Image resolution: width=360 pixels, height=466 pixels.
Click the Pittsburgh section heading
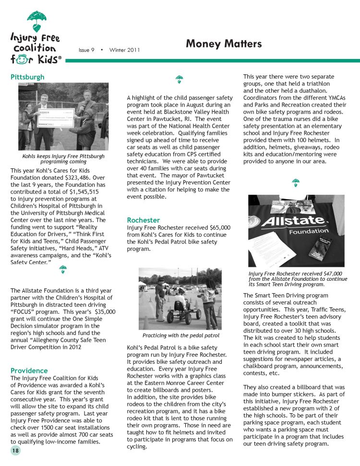(27, 77)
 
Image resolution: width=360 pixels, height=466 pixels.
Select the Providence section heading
(29, 370)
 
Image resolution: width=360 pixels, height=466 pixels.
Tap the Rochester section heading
(143, 220)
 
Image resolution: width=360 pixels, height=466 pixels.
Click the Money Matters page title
(223, 44)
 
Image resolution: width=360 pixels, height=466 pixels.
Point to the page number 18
(16, 451)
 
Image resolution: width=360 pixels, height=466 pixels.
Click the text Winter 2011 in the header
(124, 50)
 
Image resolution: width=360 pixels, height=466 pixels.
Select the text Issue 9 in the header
(86, 50)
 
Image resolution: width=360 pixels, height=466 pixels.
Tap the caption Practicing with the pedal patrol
(180, 335)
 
